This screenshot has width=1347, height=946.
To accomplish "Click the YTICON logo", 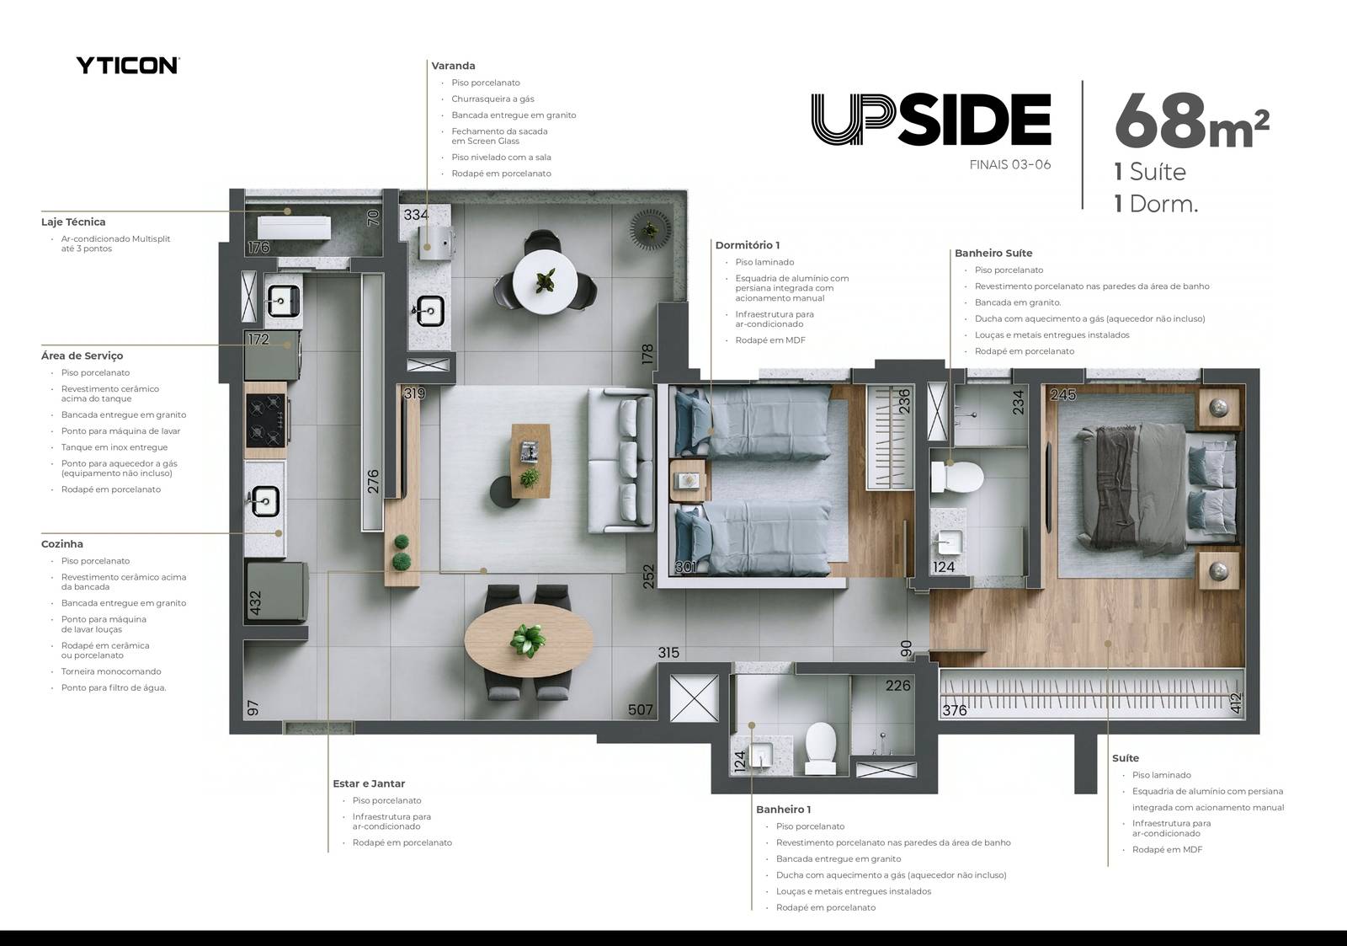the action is coord(127,65).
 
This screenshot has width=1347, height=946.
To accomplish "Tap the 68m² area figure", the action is coord(1191,120).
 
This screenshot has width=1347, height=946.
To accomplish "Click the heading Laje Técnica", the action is coord(73,222).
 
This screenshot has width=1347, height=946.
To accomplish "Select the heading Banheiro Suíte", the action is coord(993,254).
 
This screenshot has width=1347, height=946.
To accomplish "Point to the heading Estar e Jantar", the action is coord(369,783).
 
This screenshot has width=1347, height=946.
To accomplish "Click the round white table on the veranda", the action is coord(546,281).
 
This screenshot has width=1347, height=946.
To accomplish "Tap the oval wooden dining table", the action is coord(529,640).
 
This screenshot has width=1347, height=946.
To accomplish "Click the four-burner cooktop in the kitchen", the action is coord(266,420).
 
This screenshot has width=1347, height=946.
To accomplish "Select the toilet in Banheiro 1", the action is coord(820,748).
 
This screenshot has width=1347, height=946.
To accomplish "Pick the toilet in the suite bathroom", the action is coord(956,478).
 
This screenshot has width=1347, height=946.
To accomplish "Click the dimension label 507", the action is coord(640,710).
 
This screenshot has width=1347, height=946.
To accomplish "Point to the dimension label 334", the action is coord(416,215).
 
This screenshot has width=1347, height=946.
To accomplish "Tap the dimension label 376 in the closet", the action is coord(955,711).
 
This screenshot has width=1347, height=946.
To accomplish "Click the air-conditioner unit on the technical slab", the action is coord(294,228).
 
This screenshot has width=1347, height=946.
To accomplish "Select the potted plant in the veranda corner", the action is coord(650,229).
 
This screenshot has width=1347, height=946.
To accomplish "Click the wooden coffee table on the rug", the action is coord(530,461).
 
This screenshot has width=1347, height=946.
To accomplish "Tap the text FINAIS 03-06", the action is coord(1010,165).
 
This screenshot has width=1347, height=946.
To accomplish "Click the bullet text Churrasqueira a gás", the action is coord(492,99).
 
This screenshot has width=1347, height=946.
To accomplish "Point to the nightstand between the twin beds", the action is coord(687,480).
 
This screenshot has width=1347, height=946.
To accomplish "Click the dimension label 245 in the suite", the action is coord(1062,395).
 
